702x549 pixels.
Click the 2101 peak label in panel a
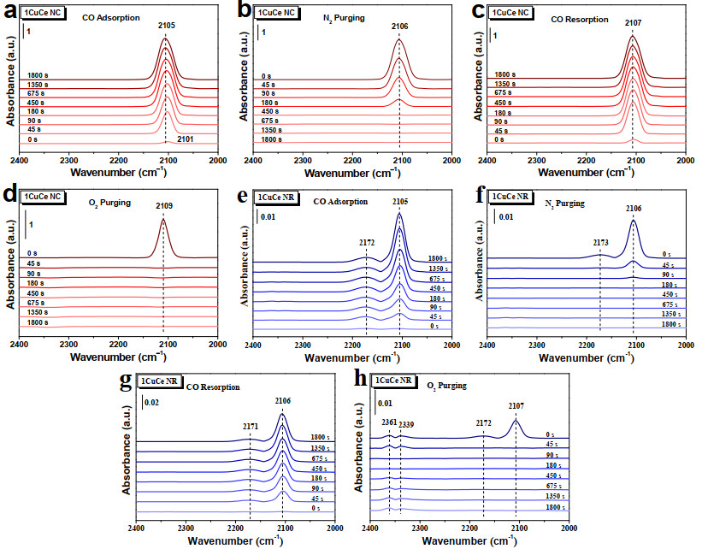pos(185,139)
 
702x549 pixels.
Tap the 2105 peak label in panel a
pos(166,26)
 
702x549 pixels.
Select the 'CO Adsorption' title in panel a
pos(111,18)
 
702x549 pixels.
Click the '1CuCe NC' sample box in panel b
pos(276,13)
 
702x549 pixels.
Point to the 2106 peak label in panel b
pos(400,27)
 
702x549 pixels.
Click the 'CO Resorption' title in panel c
pos(580,20)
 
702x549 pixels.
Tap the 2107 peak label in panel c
pos(633,22)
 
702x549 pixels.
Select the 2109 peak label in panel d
pos(164,206)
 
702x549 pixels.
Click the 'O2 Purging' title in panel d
pos(109,203)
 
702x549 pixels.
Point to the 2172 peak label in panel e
pos(367,243)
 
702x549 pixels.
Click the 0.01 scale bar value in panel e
pos(268,217)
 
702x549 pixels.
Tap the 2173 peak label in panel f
pos(601,243)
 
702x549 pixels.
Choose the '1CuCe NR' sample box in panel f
pos(510,197)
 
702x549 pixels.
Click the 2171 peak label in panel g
pos(250,427)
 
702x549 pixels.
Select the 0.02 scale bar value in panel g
pos(151,403)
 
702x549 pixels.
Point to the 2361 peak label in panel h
pos(389,422)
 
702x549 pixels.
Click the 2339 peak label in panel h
pos(406,424)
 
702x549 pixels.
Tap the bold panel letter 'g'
pos(127,381)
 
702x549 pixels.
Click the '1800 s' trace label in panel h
pos(555,507)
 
